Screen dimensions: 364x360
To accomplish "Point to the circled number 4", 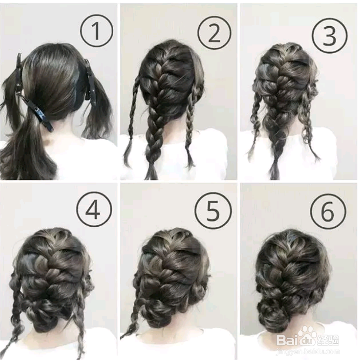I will click(94, 209).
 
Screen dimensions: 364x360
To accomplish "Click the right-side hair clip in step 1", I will click(88, 80).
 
